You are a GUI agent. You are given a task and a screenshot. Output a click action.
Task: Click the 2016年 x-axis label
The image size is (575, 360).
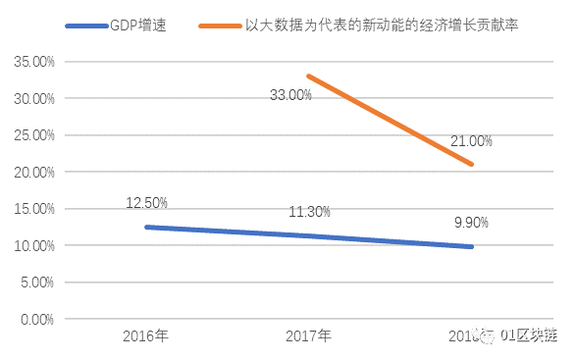pos(145,336)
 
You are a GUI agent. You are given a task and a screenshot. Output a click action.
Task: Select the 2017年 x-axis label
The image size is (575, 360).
pos(308,336)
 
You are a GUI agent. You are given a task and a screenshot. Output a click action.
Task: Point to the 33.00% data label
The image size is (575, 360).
pos(291,95)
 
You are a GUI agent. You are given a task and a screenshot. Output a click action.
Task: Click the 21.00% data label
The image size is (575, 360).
pos(471,141)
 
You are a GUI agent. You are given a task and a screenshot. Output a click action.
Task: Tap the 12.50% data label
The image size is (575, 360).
pos(146,203)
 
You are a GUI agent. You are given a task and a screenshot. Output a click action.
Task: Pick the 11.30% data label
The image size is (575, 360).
pos(309,212)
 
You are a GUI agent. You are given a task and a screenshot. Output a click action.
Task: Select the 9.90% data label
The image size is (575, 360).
pos(471,223)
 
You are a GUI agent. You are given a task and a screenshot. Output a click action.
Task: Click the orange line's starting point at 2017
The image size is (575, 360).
pos(308,76)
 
